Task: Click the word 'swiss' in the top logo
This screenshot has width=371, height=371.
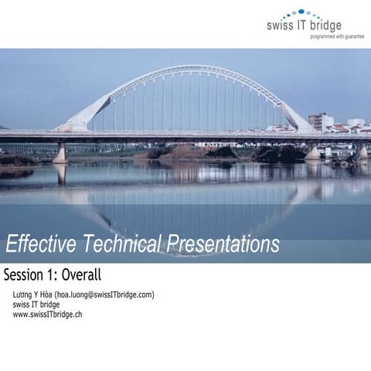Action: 280,26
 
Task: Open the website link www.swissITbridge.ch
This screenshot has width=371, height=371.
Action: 48,314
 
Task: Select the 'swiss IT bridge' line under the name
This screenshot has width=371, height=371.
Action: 36,305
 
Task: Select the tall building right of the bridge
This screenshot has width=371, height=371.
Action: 320,121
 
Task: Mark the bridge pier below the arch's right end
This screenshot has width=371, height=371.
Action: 312,151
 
